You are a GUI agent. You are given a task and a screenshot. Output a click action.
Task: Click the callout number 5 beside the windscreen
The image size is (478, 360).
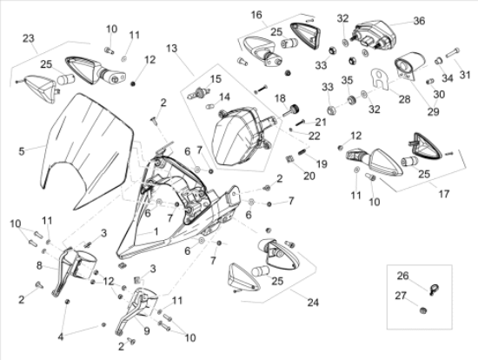coord(22,149)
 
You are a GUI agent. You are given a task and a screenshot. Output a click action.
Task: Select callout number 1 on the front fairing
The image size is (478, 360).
coord(156,232)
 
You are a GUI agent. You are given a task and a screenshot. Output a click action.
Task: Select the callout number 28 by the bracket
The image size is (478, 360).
coord(403,100)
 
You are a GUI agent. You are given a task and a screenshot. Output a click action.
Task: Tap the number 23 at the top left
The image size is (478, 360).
coord(28,37)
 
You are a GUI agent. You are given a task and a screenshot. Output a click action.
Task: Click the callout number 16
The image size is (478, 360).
coord(256,15)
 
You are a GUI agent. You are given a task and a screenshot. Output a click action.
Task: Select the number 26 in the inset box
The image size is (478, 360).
coord(402,276)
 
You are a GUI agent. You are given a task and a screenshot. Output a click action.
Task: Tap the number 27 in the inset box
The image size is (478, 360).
coord(402,296)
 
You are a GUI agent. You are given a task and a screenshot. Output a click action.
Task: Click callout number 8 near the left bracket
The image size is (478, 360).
coord(39,264)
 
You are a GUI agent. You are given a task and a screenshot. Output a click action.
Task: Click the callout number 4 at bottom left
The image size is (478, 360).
coord(61,337)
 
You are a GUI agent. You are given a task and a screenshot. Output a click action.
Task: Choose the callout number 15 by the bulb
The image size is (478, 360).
coord(212,79)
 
